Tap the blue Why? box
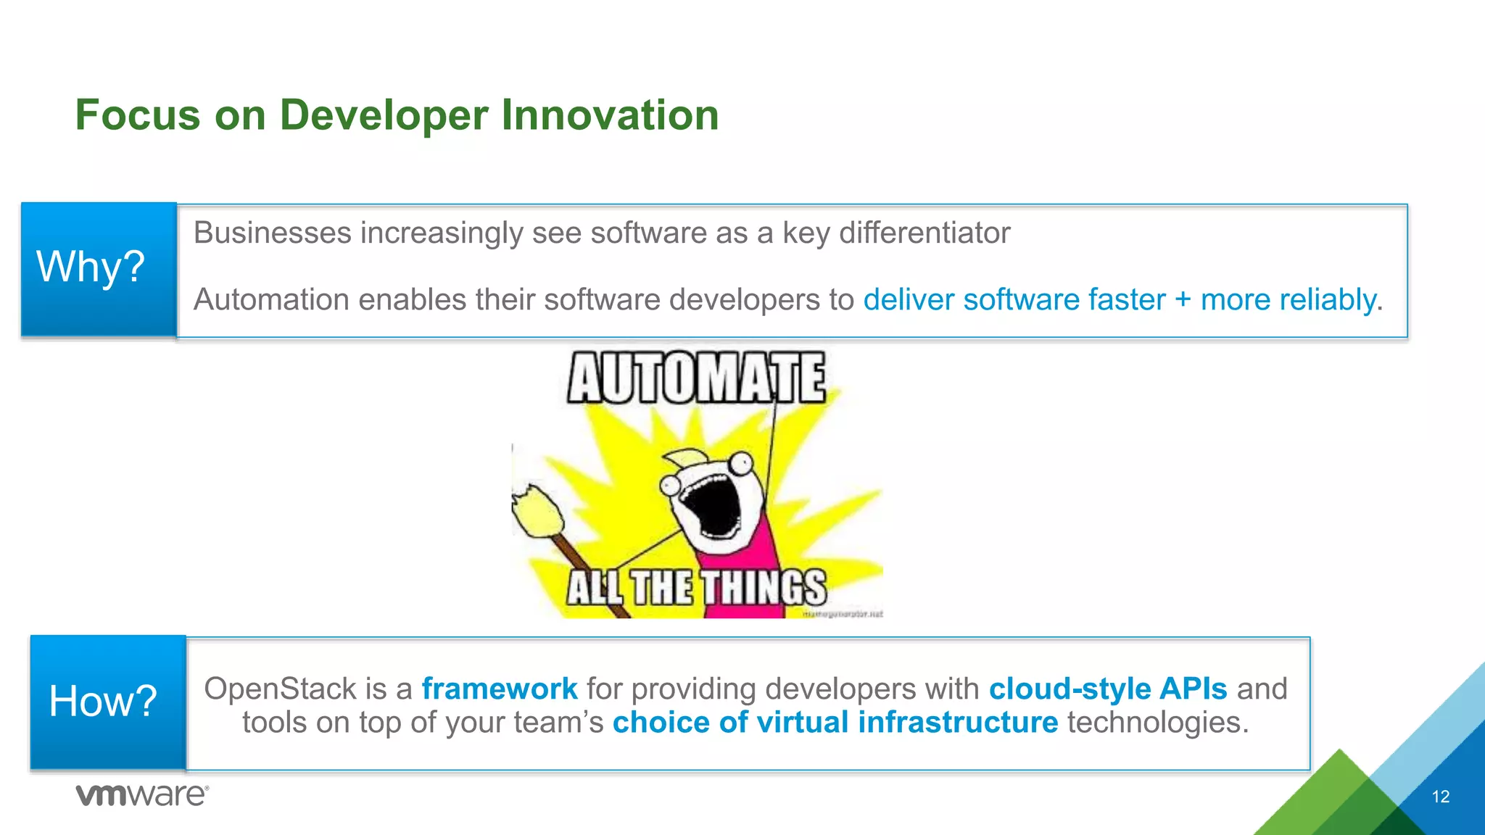point(99,269)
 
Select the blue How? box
point(107,702)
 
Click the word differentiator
point(924,233)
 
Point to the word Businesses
point(272,233)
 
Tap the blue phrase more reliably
point(1288,300)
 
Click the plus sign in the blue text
point(1183,300)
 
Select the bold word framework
point(500,689)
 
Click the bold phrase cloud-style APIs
point(1107,689)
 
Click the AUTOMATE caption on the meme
point(695,378)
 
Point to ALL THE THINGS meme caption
point(695,587)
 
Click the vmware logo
point(142,795)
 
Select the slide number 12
point(1440,797)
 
